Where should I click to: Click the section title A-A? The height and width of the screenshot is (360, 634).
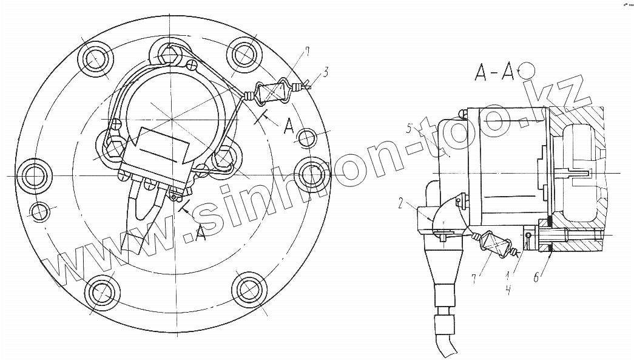click(494, 72)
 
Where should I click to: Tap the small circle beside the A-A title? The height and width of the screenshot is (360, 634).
click(528, 70)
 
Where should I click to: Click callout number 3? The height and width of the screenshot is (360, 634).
click(325, 73)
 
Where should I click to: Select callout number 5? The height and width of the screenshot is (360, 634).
click(409, 129)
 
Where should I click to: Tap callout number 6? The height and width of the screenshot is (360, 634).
click(536, 277)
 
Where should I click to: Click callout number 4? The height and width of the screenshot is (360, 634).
click(509, 290)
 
